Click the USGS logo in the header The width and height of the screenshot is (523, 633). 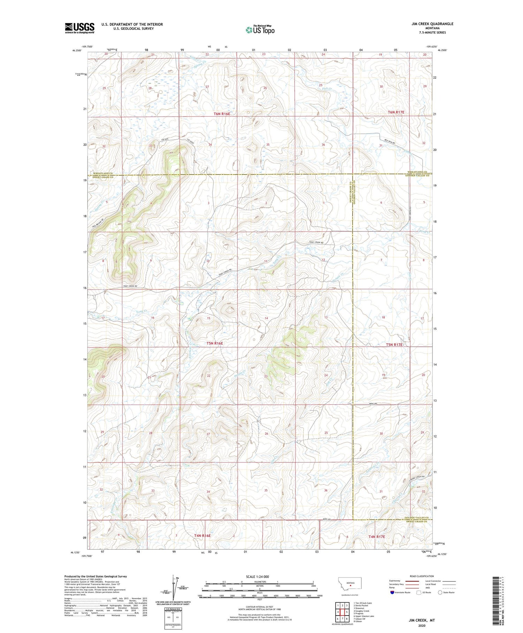click(x=79, y=28)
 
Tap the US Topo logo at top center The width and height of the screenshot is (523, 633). click(x=260, y=30)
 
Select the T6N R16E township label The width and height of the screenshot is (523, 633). click(x=222, y=114)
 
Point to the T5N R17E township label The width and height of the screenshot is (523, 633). click(x=394, y=344)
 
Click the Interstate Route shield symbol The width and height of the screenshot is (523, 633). click(x=392, y=592)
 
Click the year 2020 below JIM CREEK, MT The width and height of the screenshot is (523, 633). click(x=422, y=626)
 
